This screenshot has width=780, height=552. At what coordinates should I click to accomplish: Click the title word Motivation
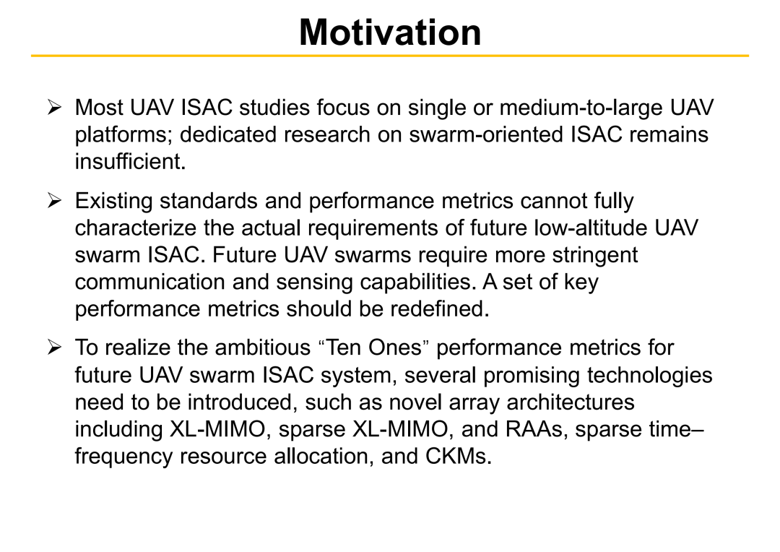coord(390,33)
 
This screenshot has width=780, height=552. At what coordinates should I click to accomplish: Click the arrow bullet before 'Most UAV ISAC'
coord(54,107)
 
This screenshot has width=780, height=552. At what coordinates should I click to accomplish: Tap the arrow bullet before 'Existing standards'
coord(54,201)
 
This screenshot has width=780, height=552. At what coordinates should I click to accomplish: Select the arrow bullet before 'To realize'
coord(54,347)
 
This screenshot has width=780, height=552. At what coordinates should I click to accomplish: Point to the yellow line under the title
coord(390,56)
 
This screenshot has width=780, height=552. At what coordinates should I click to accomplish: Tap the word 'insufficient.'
coord(130,161)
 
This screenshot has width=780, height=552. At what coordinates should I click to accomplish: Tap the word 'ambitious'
coord(263,348)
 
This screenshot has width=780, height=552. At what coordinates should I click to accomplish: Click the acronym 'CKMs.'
coord(458,456)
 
